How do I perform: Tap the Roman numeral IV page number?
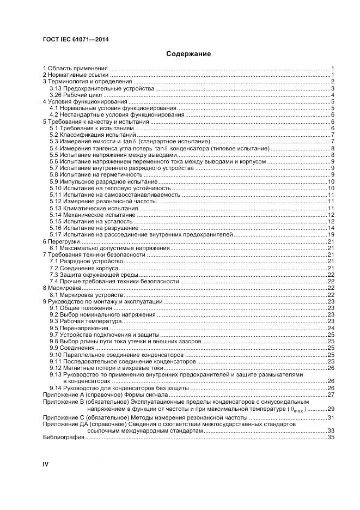(46, 463)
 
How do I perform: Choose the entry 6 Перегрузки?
(62, 241)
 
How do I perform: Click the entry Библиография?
(63, 437)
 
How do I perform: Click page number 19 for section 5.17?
(331, 234)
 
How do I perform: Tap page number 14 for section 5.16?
(331, 228)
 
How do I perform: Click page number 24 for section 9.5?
(331, 327)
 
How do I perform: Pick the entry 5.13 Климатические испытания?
(94, 208)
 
